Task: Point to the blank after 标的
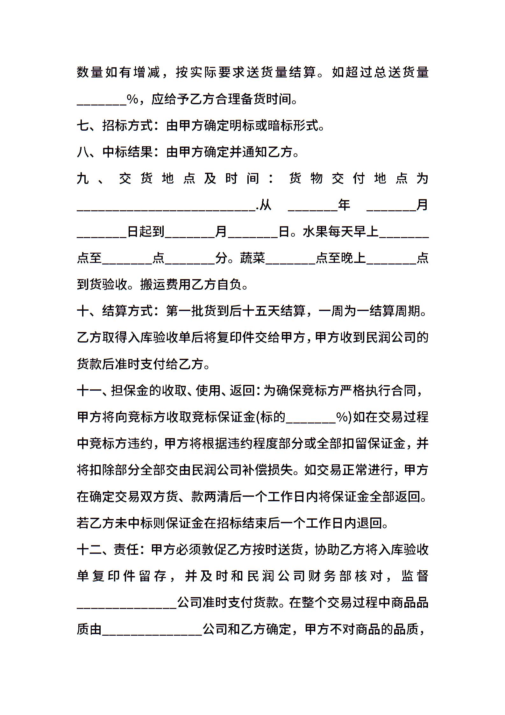(311, 418)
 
